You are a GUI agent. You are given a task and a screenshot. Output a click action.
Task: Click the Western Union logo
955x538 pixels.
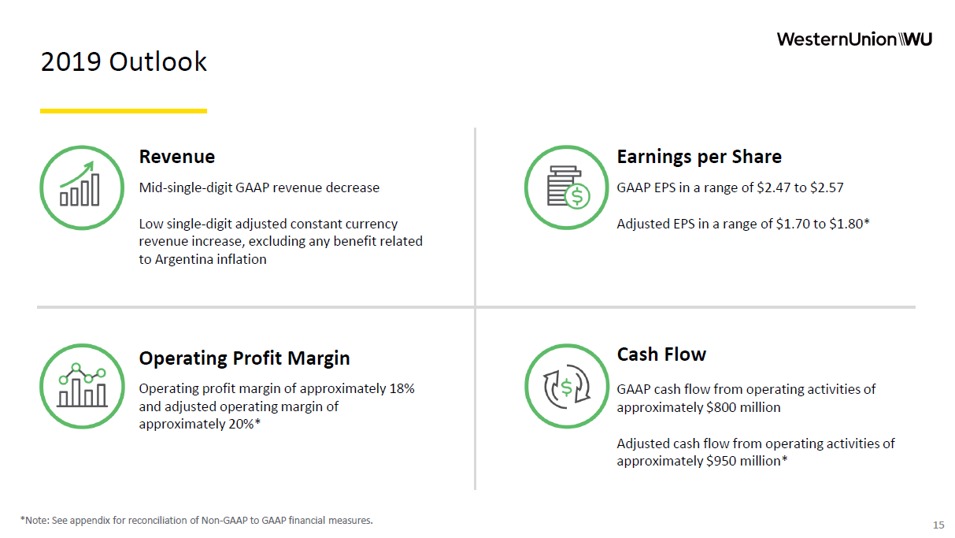tap(854, 39)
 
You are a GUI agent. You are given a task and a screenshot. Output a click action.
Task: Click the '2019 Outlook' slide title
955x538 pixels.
tap(124, 61)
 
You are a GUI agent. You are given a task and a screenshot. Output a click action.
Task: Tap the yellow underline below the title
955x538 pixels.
tap(124, 111)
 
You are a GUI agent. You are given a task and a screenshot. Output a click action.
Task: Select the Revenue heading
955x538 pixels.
tap(177, 157)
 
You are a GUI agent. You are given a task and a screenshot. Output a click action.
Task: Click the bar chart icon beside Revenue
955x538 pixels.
tap(82, 187)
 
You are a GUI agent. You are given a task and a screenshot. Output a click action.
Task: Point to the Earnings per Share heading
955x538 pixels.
tap(699, 157)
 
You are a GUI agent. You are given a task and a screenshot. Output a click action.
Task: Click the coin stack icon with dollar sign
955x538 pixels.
tap(567, 187)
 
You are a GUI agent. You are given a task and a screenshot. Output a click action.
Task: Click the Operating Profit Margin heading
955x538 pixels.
tap(244, 358)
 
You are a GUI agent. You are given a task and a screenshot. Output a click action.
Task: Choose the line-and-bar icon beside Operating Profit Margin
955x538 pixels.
tap(83, 386)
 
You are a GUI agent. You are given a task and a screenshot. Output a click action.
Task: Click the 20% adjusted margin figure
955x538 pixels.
tap(241, 424)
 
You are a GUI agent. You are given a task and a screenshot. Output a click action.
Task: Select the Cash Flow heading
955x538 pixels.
tap(661, 354)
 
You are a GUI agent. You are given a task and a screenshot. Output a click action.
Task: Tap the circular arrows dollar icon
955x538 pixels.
tap(567, 386)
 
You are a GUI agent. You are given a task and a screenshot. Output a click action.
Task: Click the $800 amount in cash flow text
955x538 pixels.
tap(721, 407)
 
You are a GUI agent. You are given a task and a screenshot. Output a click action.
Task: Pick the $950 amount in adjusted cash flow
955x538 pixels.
tap(721, 462)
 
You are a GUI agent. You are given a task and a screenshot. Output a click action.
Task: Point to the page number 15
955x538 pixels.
tap(938, 525)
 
